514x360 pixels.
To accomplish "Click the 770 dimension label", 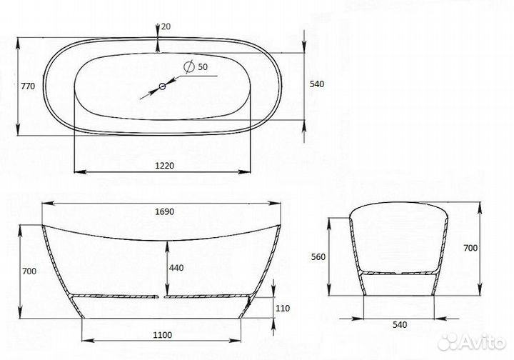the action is click(28, 86).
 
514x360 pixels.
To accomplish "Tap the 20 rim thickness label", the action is click(166, 26).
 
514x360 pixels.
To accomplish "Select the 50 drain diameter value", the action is click(203, 67).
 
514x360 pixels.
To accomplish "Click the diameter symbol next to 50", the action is click(188, 66).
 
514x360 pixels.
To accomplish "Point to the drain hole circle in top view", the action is click(162, 86).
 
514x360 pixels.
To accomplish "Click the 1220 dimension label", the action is click(164, 166).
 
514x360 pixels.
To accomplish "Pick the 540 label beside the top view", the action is click(317, 84).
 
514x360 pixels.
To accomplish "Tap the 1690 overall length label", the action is click(164, 212).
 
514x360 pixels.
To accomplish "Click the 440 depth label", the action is click(176, 268).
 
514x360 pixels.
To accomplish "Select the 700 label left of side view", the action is click(29, 271).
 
